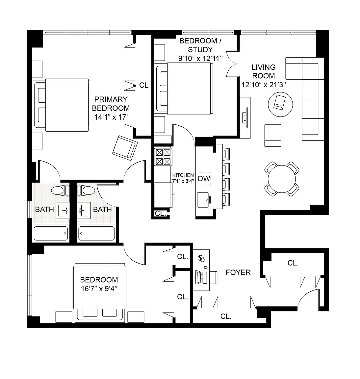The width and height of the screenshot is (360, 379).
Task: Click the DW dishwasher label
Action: (x=204, y=179)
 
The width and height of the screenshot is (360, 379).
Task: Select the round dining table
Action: (x=282, y=179)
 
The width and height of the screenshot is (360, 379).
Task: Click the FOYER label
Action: (x=238, y=272)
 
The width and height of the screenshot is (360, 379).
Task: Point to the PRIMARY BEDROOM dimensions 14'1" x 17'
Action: (x=111, y=117)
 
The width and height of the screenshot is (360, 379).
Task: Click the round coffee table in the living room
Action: (x=280, y=103)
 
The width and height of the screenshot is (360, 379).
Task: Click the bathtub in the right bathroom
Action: (x=96, y=233)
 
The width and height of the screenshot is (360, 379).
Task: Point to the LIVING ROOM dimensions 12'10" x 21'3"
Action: (x=264, y=84)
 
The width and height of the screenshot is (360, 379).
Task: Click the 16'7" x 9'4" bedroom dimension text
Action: (x=99, y=289)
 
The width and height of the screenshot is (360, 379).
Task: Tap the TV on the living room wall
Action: (x=245, y=117)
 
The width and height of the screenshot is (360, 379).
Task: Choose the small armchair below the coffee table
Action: (x=273, y=135)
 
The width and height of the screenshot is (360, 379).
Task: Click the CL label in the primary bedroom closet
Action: (x=144, y=86)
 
